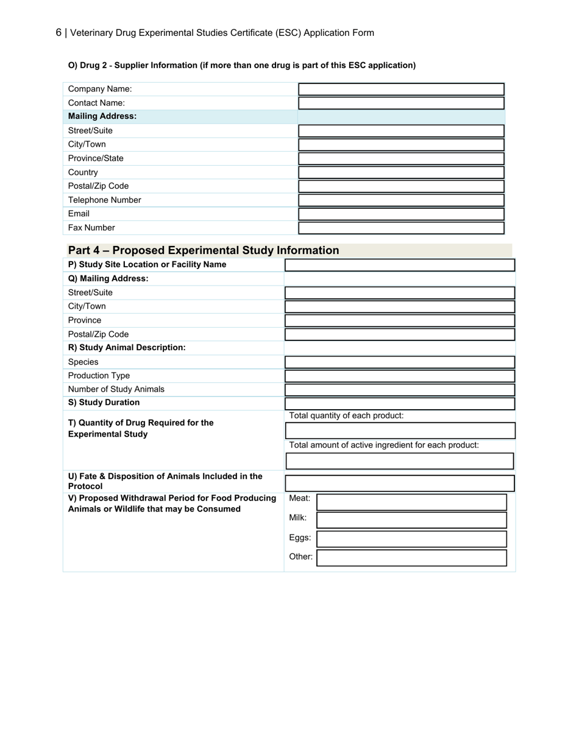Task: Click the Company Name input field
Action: click(x=401, y=90)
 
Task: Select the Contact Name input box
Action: click(x=401, y=103)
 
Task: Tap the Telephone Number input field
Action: click(x=401, y=200)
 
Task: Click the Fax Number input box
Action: click(x=401, y=228)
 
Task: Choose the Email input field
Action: click(x=401, y=214)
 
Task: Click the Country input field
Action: click(x=401, y=172)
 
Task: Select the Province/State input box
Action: click(x=401, y=158)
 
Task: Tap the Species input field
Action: click(x=400, y=362)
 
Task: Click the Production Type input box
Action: click(x=400, y=376)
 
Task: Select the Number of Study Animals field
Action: click(x=400, y=390)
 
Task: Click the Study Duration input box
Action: click(x=400, y=403)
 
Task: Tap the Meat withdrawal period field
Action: click(x=411, y=502)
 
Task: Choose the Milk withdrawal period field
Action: click(x=411, y=520)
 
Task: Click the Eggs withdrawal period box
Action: click(x=411, y=539)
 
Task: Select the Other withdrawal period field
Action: click(x=411, y=558)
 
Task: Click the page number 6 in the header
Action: click(x=59, y=33)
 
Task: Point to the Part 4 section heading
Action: click(x=204, y=250)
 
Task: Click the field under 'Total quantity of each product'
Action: click(x=400, y=431)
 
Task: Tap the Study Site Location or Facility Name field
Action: click(x=400, y=265)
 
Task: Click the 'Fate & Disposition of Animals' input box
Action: click(x=400, y=484)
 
